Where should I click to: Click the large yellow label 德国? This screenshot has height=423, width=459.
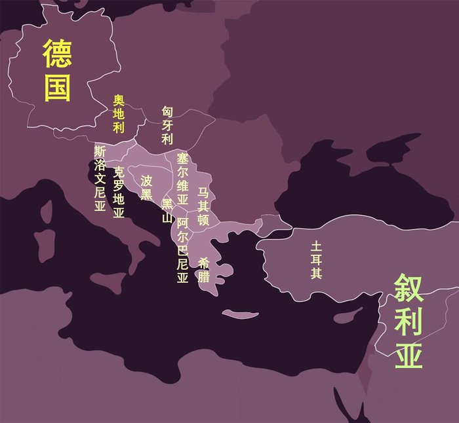coord(58,71)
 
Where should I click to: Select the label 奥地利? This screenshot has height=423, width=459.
coord(119,114)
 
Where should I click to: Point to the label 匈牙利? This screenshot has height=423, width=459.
coord(167,125)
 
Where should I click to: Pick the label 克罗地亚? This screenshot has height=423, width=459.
coord(119,193)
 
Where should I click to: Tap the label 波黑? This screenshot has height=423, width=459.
coord(146,187)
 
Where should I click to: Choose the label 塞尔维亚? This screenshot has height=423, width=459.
coord(182,177)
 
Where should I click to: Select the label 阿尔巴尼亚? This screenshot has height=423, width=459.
coord(182,250)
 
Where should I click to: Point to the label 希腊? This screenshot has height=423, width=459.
coord(204,270)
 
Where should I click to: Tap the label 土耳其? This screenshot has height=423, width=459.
coord(317,261)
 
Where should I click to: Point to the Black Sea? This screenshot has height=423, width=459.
coord(341,183)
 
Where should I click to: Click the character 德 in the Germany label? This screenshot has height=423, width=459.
coord(58,54)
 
